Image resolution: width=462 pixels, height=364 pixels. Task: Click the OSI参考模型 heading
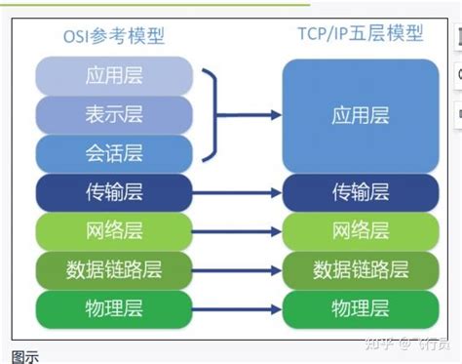pyautogui.click(x=114, y=37)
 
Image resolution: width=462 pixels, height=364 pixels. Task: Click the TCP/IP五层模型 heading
pyautogui.click(x=361, y=34)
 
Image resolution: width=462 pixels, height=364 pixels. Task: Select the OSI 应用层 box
pyautogui.click(x=114, y=76)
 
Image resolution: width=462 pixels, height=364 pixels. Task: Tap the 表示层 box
pyautogui.click(x=114, y=114)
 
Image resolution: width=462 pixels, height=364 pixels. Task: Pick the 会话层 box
pyautogui.click(x=114, y=153)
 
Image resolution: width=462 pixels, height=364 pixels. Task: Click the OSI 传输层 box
pyautogui.click(x=114, y=191)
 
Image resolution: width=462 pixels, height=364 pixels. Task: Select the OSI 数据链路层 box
pyautogui.click(x=114, y=268)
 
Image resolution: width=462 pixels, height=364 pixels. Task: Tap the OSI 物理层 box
pyautogui.click(x=114, y=307)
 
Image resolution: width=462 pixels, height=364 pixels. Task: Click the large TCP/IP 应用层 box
pyautogui.click(x=361, y=115)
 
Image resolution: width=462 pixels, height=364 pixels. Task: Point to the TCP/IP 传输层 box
pyautogui.click(x=361, y=191)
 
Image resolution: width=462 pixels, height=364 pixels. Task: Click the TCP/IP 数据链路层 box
pyautogui.click(x=361, y=268)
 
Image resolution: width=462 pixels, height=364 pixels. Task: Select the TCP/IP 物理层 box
pyautogui.click(x=361, y=307)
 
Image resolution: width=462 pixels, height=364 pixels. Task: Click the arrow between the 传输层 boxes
pyautogui.click(x=238, y=191)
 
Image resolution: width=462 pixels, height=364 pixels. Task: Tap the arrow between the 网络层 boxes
pyautogui.click(x=238, y=230)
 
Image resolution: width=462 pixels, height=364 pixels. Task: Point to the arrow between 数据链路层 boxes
pyautogui.click(x=238, y=268)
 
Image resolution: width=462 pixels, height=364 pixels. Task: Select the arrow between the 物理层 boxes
pyautogui.click(x=238, y=307)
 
